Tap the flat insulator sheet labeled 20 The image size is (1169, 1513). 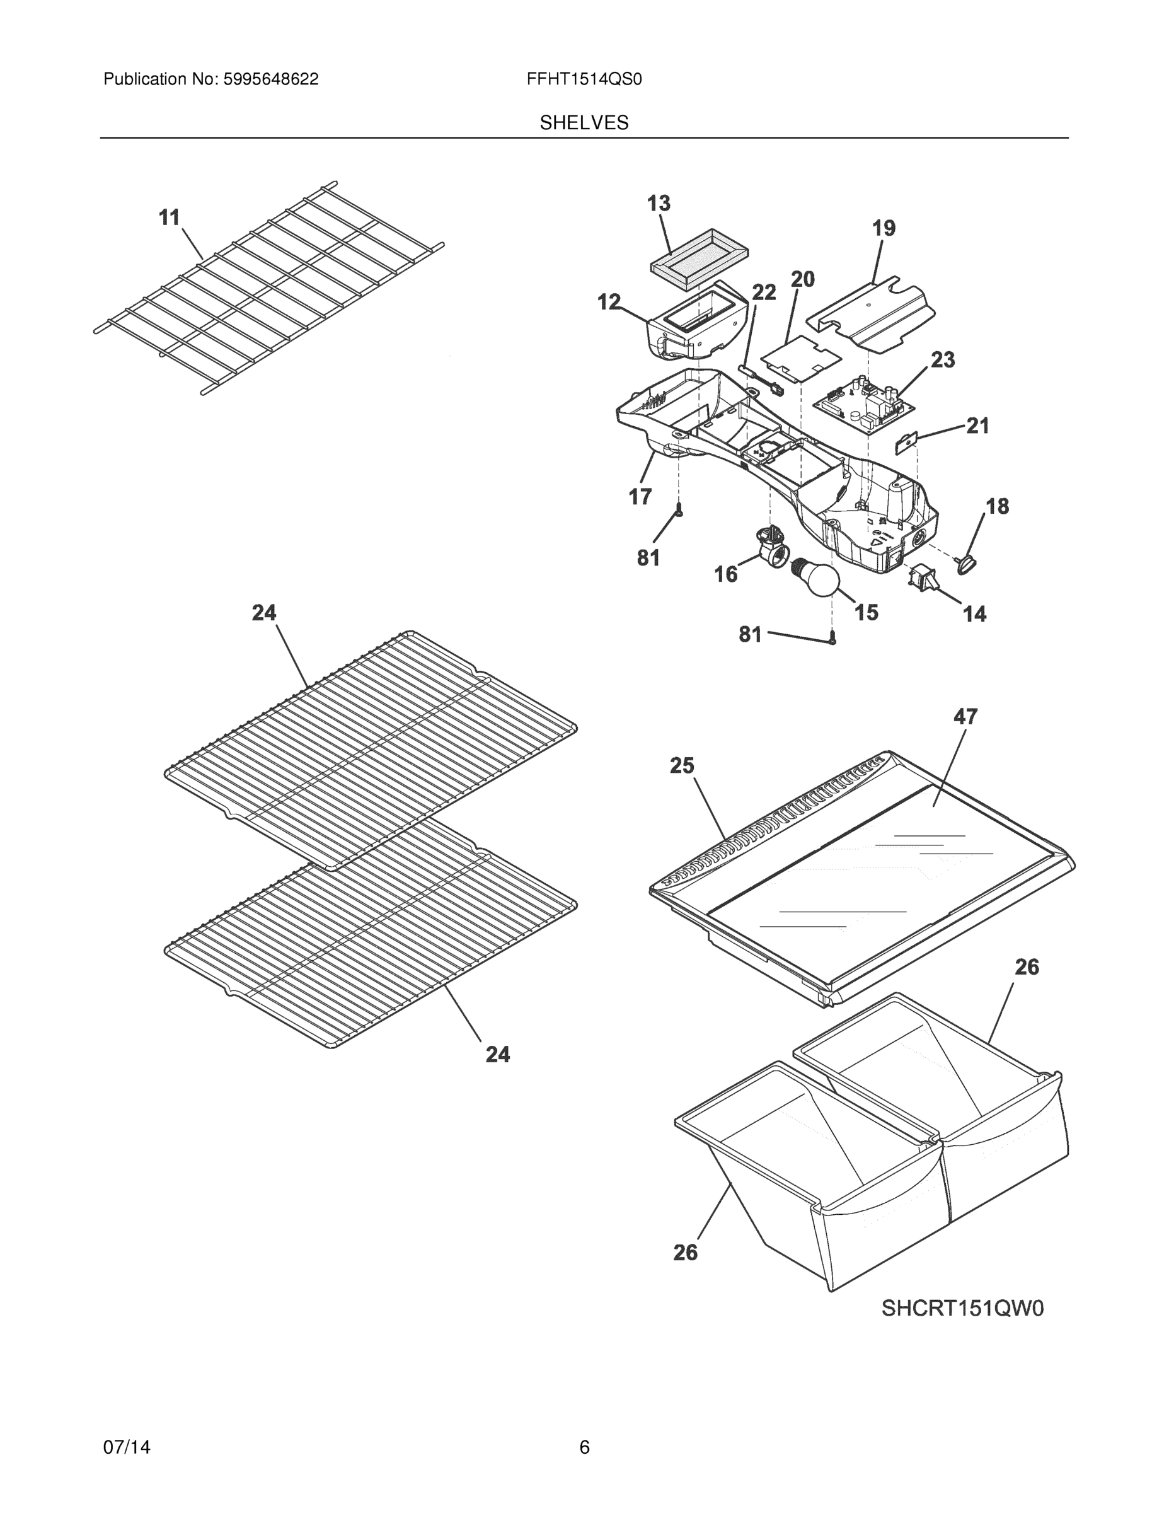[x=801, y=358]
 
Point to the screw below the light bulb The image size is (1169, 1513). [x=833, y=640]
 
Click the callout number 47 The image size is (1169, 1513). [x=965, y=716]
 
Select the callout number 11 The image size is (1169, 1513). [x=169, y=217]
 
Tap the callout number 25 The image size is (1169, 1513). [x=681, y=765]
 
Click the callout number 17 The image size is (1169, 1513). [x=640, y=497]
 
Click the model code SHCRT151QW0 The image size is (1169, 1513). [x=962, y=1308]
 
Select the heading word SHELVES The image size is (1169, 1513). [x=584, y=123]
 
